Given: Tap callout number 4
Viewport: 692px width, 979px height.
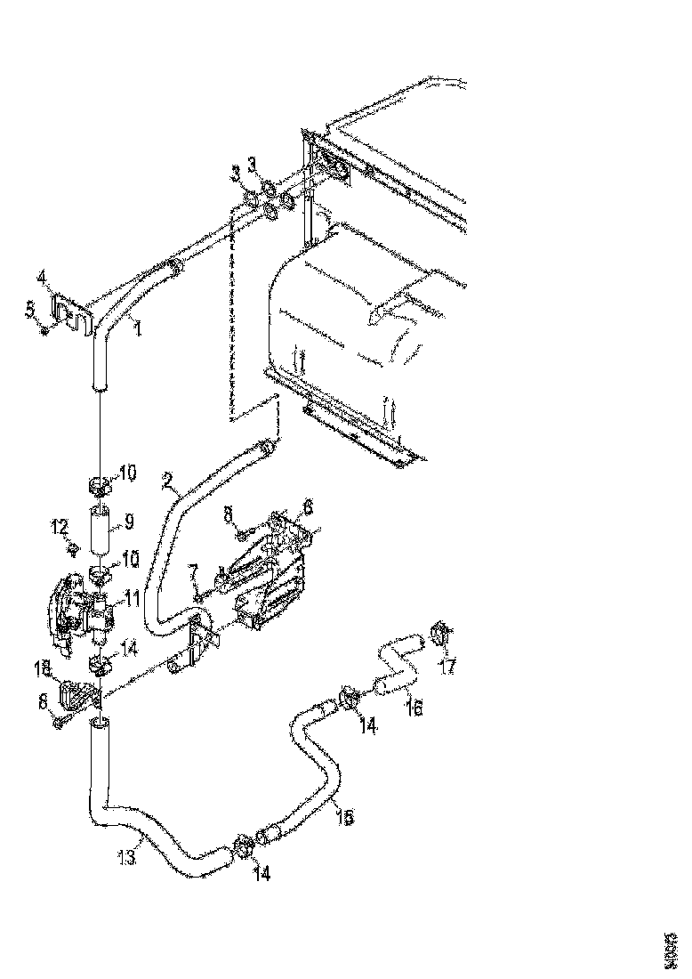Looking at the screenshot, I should coord(42,276).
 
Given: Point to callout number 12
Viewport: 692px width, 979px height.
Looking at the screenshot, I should coord(60,528).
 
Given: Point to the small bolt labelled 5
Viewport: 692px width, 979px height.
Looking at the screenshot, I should coord(44,330).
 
